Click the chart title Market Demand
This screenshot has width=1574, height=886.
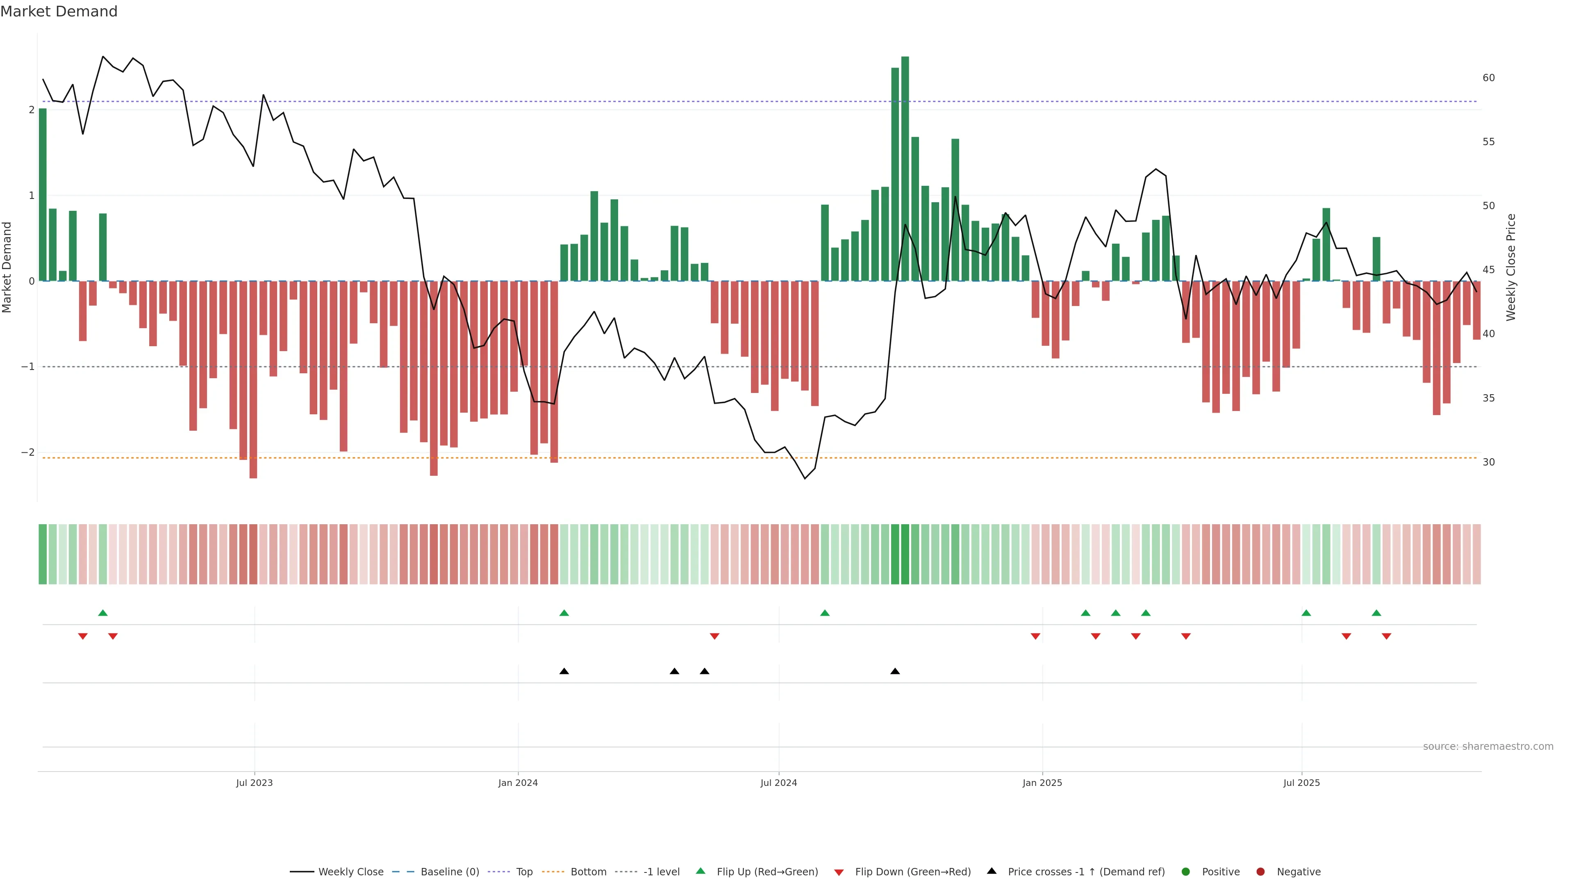pyautogui.click(x=59, y=11)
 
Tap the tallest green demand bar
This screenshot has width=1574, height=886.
pyautogui.click(x=905, y=168)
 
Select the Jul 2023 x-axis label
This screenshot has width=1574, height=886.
pyautogui.click(x=254, y=783)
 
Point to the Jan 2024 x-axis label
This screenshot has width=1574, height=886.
pyautogui.click(x=518, y=783)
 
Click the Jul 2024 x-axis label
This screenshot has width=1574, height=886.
pyautogui.click(x=778, y=783)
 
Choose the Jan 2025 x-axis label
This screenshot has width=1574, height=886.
pyautogui.click(x=1042, y=783)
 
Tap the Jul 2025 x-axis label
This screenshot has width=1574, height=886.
pyautogui.click(x=1301, y=783)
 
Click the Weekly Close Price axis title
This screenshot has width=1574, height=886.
pyautogui.click(x=1511, y=267)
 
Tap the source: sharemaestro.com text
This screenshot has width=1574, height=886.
pyautogui.click(x=1488, y=747)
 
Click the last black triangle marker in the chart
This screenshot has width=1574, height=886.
pyautogui.click(x=895, y=671)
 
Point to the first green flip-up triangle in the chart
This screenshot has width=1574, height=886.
pyautogui.click(x=102, y=613)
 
